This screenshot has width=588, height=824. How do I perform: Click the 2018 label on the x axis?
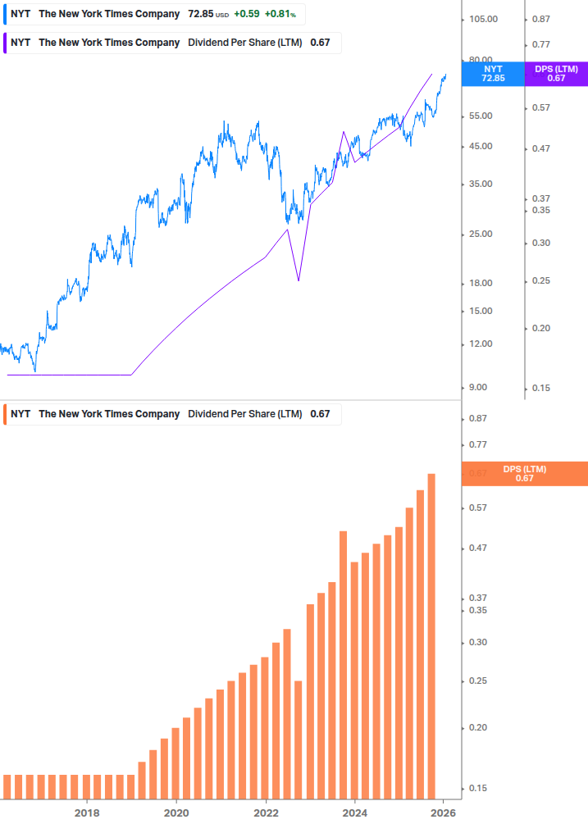[87, 813]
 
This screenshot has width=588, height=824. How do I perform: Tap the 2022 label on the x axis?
[265, 813]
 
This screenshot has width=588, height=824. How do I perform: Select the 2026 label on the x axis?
[443, 813]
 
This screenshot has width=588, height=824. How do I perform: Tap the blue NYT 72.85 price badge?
[493, 74]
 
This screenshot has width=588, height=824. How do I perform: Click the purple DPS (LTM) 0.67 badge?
[556, 74]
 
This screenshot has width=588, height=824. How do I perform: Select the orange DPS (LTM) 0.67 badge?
[525, 474]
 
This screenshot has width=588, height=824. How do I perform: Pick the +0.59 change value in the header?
[247, 14]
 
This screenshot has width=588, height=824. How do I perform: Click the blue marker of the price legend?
[5, 14]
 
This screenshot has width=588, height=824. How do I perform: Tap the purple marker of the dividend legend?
[5, 43]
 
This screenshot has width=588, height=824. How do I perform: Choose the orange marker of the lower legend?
[5, 414]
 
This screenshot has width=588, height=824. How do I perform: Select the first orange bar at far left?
[7, 786]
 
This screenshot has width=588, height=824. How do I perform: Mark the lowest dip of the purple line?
[299, 280]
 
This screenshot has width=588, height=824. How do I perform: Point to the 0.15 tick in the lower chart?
[477, 789]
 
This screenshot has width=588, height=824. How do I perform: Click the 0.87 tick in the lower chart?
[477, 419]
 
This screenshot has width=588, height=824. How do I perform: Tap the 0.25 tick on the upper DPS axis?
[540, 281]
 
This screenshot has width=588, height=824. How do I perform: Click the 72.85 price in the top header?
[200, 14]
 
